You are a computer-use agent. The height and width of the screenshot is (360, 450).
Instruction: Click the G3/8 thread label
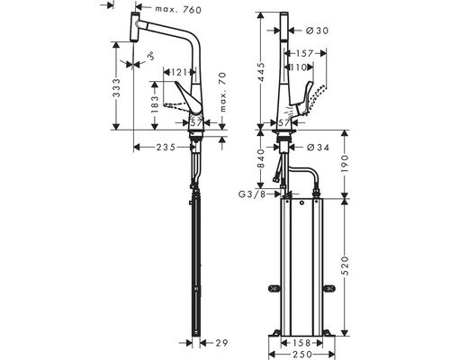pos(251,193)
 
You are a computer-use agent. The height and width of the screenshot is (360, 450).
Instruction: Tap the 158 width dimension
pos(304,343)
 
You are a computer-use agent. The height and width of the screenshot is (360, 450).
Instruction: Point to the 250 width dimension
pos(304,355)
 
